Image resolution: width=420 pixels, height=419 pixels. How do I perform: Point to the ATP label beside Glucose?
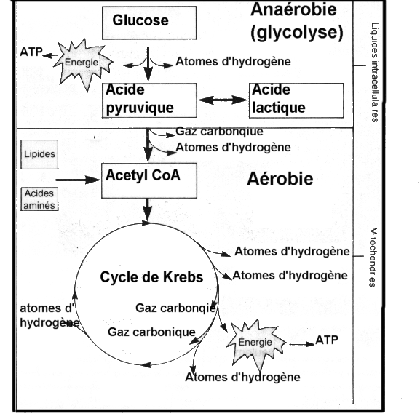[30, 53]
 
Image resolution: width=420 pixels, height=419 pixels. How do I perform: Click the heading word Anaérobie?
[293, 11]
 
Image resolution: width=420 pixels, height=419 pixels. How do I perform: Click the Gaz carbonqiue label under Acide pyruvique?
[218, 132]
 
